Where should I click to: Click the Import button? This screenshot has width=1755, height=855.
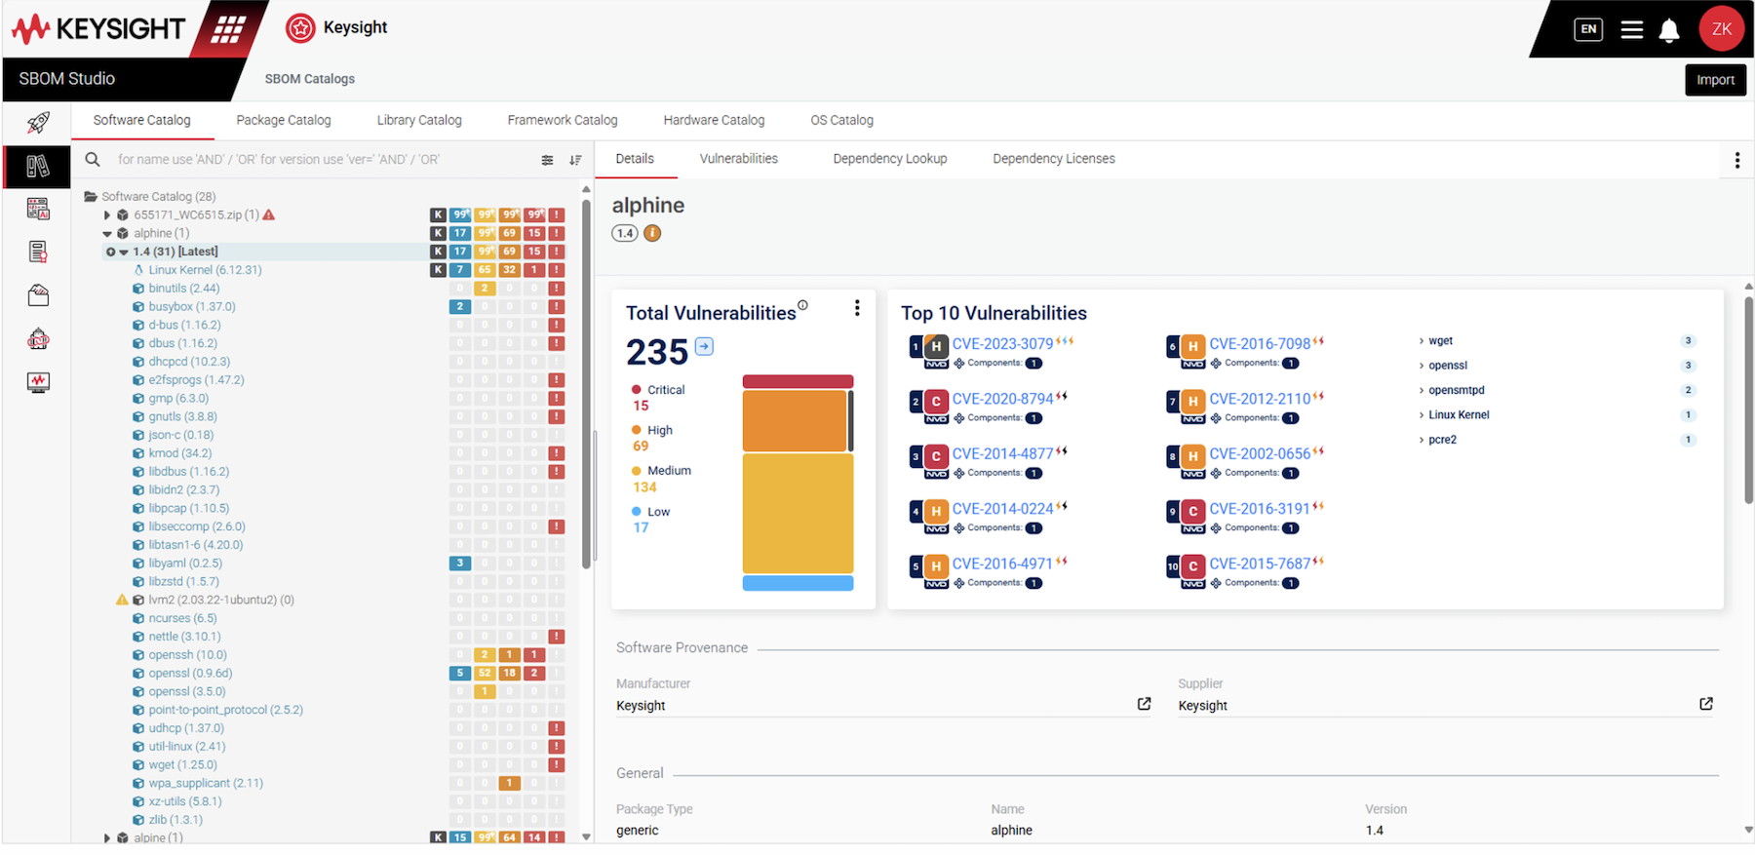[x=1714, y=80]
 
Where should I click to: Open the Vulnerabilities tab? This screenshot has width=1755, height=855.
[x=738, y=159]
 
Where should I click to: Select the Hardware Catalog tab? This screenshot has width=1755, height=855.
[x=714, y=120]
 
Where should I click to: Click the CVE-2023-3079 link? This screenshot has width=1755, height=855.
[x=1002, y=344]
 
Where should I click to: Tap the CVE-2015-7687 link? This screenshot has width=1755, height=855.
[x=1260, y=564]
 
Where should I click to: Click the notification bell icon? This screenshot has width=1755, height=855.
[x=1669, y=30]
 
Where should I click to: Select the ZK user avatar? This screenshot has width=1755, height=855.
[x=1721, y=29]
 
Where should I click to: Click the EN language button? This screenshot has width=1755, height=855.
[x=1588, y=29]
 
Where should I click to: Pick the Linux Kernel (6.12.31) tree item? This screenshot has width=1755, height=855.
[x=205, y=270]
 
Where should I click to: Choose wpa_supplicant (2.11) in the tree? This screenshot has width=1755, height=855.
[x=206, y=783]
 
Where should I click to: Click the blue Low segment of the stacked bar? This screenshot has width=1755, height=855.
[x=798, y=583]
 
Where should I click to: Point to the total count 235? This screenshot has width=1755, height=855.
[x=657, y=351]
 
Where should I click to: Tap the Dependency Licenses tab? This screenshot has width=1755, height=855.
[x=1053, y=159]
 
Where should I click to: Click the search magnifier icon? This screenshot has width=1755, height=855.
[x=93, y=160]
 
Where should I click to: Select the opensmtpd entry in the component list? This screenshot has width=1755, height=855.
[x=1456, y=390]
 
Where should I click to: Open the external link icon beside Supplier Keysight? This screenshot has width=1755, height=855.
[x=1705, y=704]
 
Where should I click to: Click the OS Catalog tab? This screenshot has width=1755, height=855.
[x=841, y=120]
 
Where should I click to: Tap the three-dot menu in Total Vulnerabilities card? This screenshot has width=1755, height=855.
[x=857, y=308]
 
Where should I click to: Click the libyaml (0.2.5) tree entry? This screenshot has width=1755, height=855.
[x=185, y=564]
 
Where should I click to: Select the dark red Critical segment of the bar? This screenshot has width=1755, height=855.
[x=798, y=381]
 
